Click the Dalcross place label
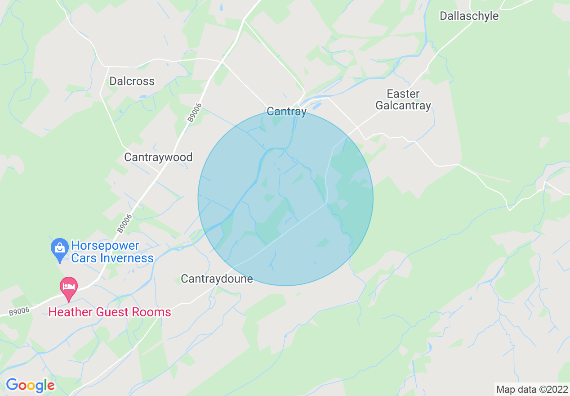tap(132, 81)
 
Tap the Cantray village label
tap(286, 111)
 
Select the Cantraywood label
tap(158, 157)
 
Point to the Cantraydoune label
tap(217, 279)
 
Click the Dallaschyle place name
tap(469, 16)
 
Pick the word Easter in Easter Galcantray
tap(403, 94)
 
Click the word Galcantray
tap(403, 106)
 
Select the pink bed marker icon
tap(69, 287)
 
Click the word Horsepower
tap(105, 246)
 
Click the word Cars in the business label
tap(82, 258)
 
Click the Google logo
tap(30, 385)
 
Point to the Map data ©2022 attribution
tap(531, 389)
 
